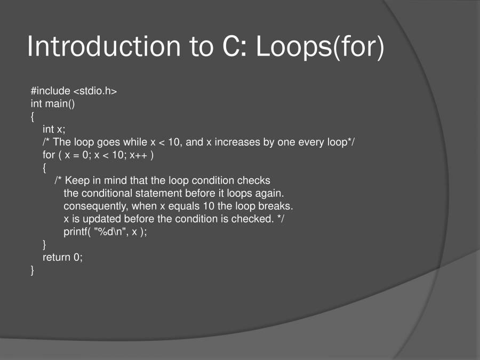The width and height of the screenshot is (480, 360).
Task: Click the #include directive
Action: [x=51, y=91]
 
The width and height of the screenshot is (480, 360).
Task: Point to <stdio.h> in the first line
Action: [x=95, y=91]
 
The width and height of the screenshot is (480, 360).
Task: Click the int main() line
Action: [x=53, y=104]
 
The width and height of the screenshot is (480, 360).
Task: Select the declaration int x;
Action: [x=54, y=130]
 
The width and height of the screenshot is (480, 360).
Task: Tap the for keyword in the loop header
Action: [x=49, y=155]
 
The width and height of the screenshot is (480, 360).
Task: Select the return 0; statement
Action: [x=63, y=258]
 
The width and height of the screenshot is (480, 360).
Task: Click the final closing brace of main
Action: [x=33, y=270]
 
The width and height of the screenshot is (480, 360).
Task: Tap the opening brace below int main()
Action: [x=33, y=117]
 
